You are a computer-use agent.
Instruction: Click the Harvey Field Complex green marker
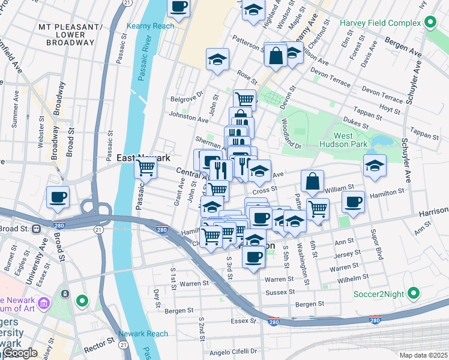[430, 23]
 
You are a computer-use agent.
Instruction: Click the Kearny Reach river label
[151, 26]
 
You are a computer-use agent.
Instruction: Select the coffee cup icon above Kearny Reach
[178, 8]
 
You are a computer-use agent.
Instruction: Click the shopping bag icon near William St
[313, 181]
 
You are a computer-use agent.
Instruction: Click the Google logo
[20, 352]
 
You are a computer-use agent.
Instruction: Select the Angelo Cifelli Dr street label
[234, 352]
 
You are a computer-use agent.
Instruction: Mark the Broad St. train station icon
[37, 229]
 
